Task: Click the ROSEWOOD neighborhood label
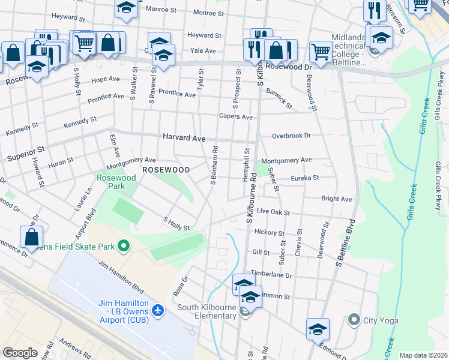(166, 170)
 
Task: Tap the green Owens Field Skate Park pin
(124, 246)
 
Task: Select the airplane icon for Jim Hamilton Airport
(158, 310)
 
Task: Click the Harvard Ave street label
(184, 137)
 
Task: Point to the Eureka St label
(305, 178)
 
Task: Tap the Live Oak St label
(273, 212)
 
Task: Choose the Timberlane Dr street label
(271, 275)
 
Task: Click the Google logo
(20, 353)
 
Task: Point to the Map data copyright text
(423, 355)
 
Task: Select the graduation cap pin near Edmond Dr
(318, 329)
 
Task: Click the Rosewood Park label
(112, 182)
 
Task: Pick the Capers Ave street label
(235, 116)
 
